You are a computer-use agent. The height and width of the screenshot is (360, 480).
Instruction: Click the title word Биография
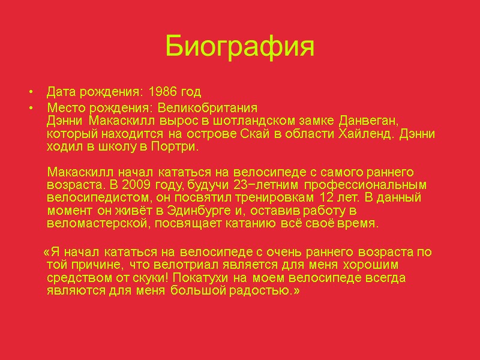pos(239,47)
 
